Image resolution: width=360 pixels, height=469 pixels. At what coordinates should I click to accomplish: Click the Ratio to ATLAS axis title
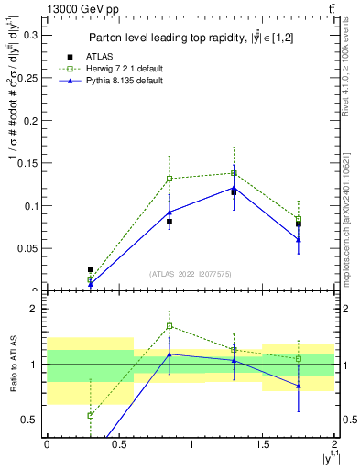[12, 365]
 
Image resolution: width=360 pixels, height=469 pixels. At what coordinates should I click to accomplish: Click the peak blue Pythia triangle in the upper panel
[235, 188]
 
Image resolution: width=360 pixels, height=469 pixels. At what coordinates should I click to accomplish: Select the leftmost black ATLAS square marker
[90, 269]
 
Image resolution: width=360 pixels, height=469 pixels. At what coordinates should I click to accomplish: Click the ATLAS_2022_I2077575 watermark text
[190, 273]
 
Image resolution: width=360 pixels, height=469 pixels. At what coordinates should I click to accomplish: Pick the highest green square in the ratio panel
[169, 326]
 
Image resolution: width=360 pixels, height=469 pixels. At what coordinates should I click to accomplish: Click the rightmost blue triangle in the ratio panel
[299, 386]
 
